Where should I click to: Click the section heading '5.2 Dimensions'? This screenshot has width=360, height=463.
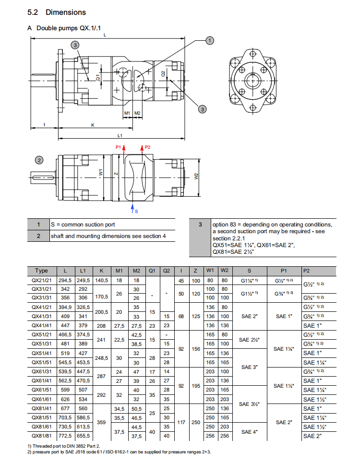(x=57, y=12)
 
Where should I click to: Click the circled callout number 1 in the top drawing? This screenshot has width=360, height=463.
(x=209, y=41)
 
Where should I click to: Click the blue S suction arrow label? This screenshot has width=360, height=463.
(x=136, y=211)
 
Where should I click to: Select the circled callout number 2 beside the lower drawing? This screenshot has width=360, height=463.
(x=39, y=160)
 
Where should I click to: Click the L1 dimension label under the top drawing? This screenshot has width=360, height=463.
(x=120, y=136)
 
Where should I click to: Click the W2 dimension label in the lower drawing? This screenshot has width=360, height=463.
(x=196, y=176)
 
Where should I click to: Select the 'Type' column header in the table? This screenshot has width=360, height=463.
(x=42, y=271)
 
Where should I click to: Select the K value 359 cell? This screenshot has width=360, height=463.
(x=101, y=422)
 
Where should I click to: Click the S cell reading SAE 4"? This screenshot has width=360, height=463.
(x=249, y=431)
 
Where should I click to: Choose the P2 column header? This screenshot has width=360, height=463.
(x=307, y=271)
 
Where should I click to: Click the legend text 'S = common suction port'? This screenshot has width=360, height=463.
(x=83, y=224)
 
